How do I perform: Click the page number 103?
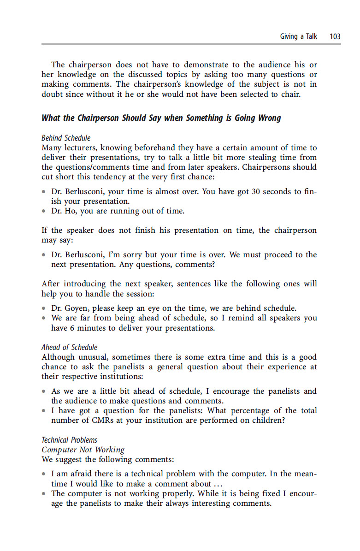click(335, 36)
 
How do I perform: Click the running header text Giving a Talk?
click(299, 36)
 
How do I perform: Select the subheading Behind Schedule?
click(66, 138)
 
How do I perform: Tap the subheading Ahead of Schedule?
click(70, 347)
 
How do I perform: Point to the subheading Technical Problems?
click(70, 440)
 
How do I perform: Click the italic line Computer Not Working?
click(83, 450)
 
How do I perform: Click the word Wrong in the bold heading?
click(269, 118)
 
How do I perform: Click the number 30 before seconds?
click(256, 192)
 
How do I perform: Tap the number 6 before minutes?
click(70, 328)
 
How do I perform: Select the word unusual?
click(92, 357)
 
